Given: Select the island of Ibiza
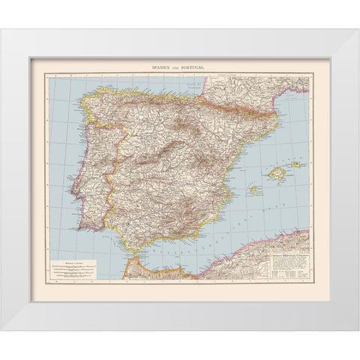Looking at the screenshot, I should [x=253, y=190].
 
